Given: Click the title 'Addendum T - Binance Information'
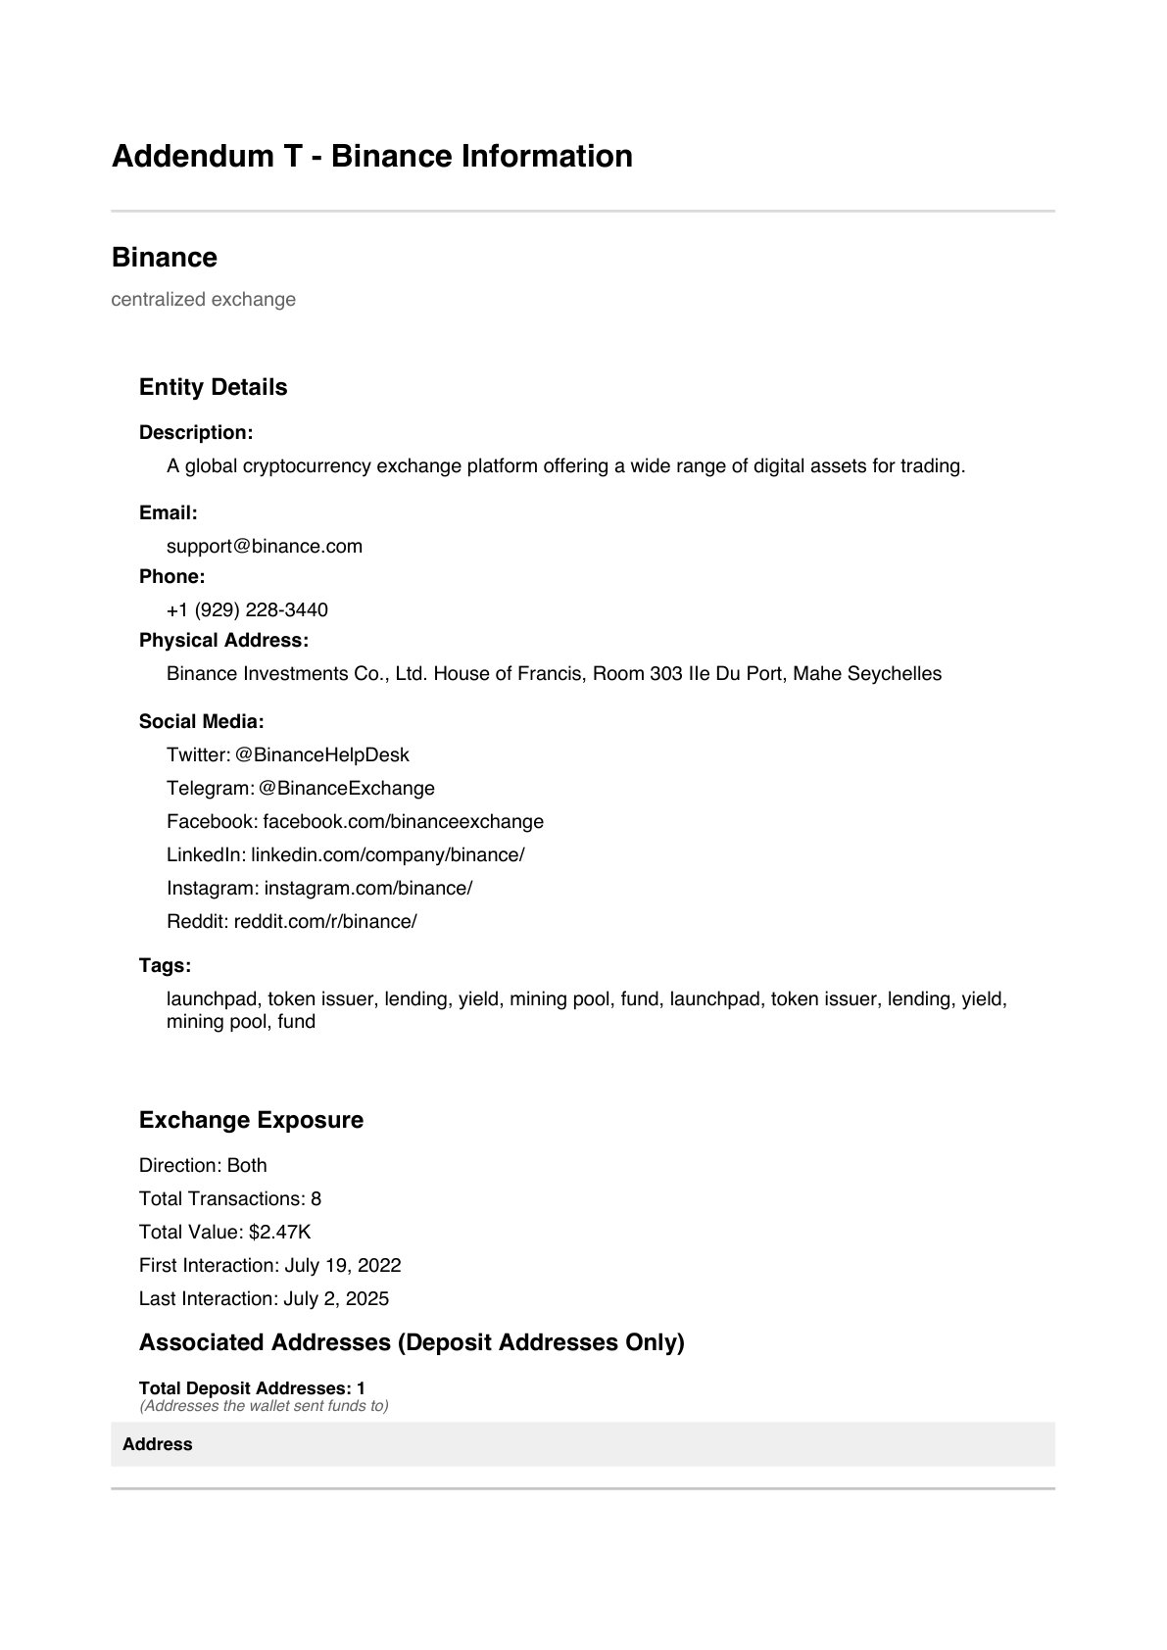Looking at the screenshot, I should coord(372,157).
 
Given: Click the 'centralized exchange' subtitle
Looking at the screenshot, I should coord(204,300).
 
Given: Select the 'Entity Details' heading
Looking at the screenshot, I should coord(214,387).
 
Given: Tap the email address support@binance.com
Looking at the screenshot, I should coord(265,547).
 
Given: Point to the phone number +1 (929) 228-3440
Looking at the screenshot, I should coord(247,610).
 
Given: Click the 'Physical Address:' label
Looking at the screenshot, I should coord(223,641).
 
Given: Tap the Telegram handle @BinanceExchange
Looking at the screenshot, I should coord(347,789).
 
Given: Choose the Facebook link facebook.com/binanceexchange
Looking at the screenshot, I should coord(403,822).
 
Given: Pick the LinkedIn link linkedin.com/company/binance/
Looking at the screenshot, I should coord(388,855).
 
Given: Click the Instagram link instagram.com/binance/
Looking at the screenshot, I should coord(368,889).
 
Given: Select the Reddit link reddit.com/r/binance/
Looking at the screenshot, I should coord(325,922).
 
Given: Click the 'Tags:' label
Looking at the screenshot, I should coord(165,966).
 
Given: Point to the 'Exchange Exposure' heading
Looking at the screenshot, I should coord(251,1120).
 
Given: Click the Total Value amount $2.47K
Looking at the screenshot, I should coord(280,1233).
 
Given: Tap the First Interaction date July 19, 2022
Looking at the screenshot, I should coord(343,1266).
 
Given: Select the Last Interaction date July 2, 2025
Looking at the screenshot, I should coord(336,1299).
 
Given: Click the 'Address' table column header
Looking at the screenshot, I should coord(158,1445).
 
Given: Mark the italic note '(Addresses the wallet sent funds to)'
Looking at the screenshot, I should coord(264,1407).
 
